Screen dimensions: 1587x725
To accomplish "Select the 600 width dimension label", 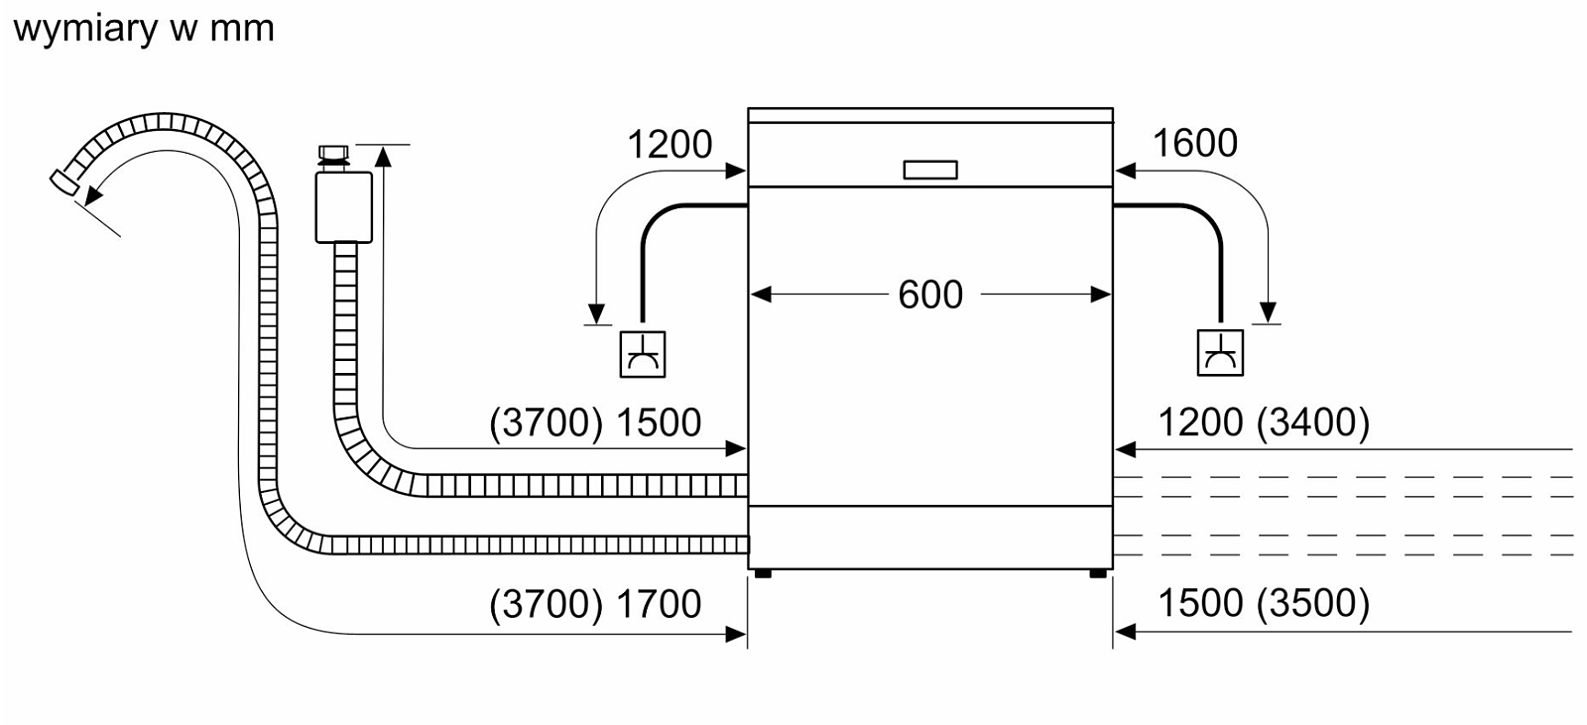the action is (930, 295).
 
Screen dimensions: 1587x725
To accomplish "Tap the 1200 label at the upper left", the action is (670, 145).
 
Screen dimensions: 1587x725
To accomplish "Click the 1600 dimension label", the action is (1195, 143).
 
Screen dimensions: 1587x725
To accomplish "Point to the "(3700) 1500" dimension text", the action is (595, 423).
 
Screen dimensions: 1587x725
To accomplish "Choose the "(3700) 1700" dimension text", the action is (595, 604).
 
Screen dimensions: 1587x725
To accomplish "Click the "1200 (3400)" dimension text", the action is (1264, 423).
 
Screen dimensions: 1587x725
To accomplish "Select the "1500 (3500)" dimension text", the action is (1264, 603).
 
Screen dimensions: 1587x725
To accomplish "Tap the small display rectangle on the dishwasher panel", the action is (930, 170).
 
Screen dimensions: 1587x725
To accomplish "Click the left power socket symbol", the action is (643, 354).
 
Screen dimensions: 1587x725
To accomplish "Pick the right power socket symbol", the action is (1220, 353).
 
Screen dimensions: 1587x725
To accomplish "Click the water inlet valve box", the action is (343, 207).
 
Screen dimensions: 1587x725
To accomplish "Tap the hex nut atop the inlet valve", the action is (333, 153).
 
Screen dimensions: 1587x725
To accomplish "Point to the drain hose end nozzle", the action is (64, 182).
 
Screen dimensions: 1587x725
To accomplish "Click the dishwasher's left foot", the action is (763, 573).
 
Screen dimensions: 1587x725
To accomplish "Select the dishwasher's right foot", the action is (1098, 573).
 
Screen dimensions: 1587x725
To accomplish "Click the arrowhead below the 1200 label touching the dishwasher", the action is (736, 171).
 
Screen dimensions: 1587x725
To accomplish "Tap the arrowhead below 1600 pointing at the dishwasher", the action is (1125, 171).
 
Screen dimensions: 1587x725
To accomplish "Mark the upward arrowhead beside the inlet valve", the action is (383, 156).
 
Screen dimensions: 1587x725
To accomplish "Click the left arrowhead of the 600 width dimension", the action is (760, 295).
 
